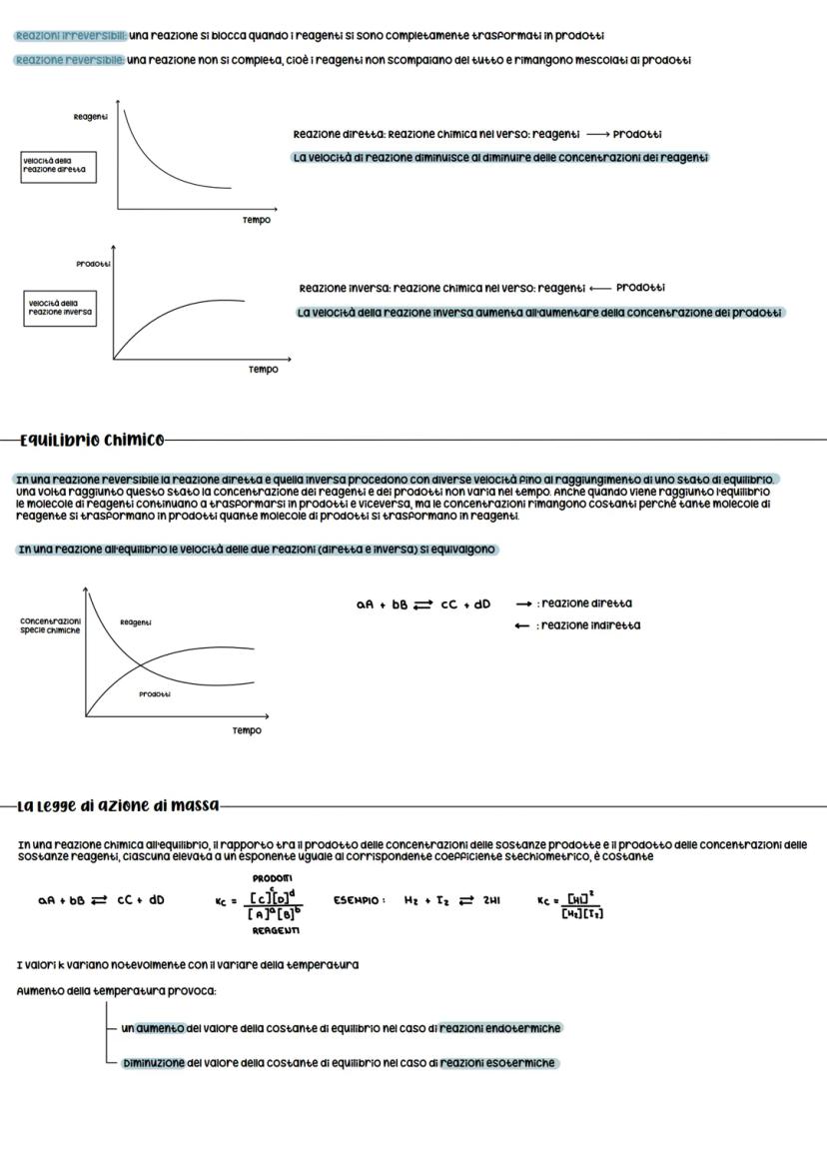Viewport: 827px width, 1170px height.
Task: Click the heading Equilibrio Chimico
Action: pyautogui.click(x=92, y=439)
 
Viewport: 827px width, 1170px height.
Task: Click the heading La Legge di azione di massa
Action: pyautogui.click(x=117, y=805)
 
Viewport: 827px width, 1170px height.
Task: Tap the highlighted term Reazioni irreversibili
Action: pyautogui.click(x=69, y=35)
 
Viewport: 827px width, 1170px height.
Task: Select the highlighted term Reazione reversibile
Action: pyautogui.click(x=69, y=60)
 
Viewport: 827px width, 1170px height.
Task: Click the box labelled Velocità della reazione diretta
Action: pyautogui.click(x=57, y=166)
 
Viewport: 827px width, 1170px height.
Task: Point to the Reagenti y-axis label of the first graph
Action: pyautogui.click(x=91, y=117)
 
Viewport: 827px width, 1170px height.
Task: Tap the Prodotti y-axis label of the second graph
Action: pyautogui.click(x=93, y=264)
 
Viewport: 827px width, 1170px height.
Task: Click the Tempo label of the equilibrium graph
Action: pyautogui.click(x=247, y=730)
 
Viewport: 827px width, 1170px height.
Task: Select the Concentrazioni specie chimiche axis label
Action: pyautogui.click(x=50, y=625)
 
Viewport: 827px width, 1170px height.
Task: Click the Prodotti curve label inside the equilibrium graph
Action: pyautogui.click(x=154, y=693)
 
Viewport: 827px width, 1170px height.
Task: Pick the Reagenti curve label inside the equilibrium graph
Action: pyautogui.click(x=136, y=621)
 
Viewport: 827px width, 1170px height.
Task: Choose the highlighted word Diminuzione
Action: pyautogui.click(x=153, y=1063)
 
